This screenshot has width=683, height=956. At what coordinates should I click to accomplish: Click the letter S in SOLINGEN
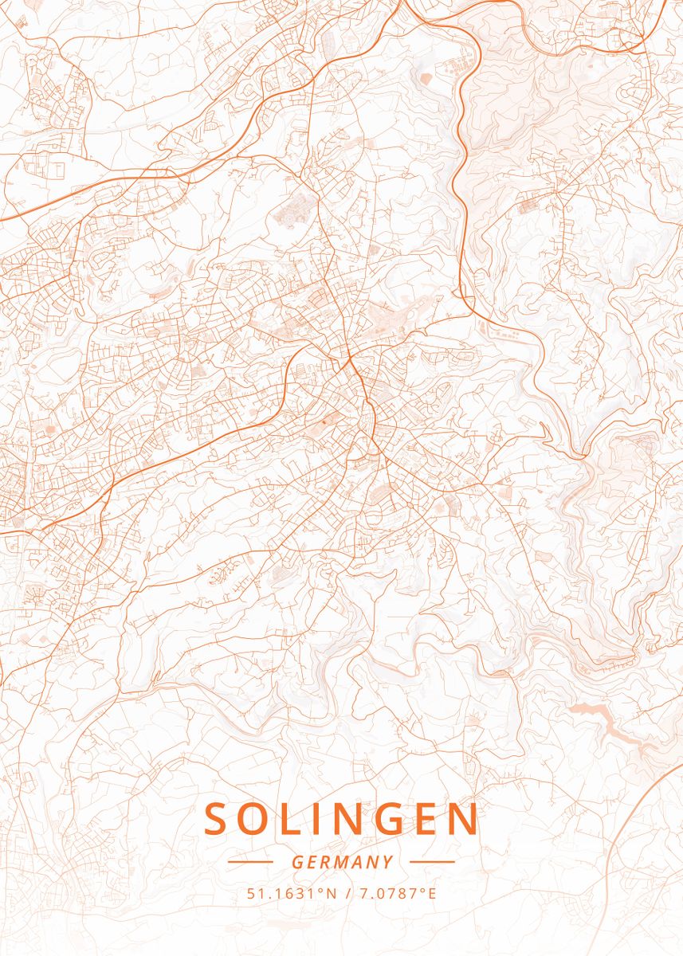pos(218,819)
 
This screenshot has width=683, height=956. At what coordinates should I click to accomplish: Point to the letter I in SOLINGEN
pos(324,819)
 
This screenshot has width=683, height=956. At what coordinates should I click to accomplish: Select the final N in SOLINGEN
pos(465,819)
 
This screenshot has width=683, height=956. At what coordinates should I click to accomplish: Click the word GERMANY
pos(342,862)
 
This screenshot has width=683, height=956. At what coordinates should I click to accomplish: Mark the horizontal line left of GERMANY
pos(250,862)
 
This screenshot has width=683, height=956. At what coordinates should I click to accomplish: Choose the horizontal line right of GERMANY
pos(432,862)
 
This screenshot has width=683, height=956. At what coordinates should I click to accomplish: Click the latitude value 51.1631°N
pos(292,893)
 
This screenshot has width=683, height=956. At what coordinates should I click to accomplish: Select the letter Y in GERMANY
pos(388,862)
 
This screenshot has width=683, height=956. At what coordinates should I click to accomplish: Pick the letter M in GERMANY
pos(343,862)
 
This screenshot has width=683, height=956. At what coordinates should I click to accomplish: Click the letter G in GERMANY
pos(296,862)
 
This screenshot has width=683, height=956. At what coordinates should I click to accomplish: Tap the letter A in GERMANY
pos(359,862)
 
